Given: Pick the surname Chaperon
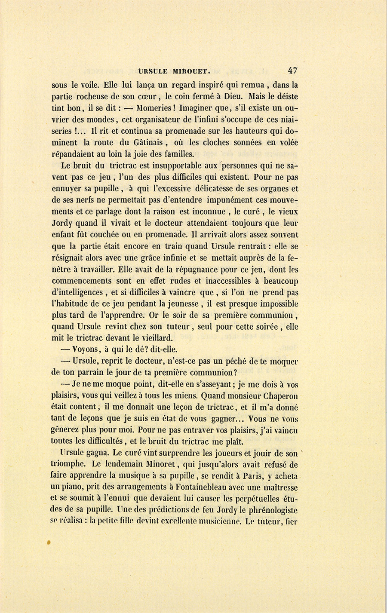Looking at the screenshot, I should pyautogui.click(x=277, y=396).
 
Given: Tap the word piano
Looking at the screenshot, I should pyautogui.click(x=72, y=487).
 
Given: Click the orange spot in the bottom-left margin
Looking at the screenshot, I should pyautogui.click(x=49, y=543).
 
